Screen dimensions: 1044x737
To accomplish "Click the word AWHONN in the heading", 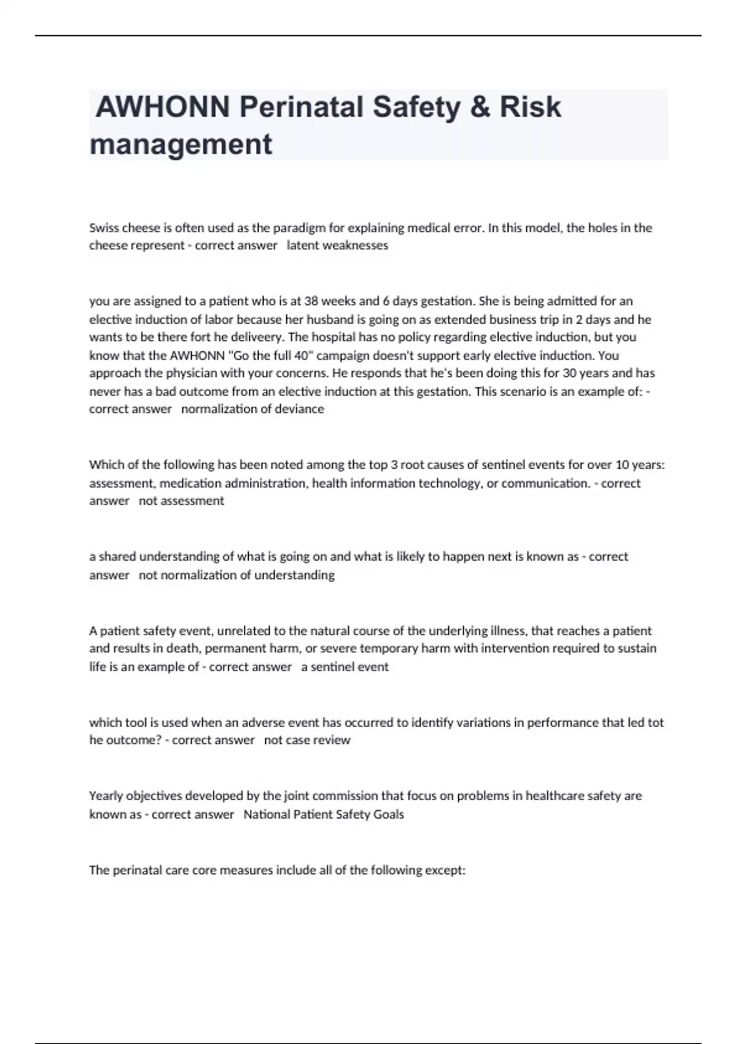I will [163, 107].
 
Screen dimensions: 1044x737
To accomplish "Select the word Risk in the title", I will [530, 107].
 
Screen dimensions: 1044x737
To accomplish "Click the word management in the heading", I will [181, 145].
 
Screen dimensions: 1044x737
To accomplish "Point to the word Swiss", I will [104, 228].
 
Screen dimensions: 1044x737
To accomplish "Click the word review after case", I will [332, 741].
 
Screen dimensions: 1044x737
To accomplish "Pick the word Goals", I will [389, 814].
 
